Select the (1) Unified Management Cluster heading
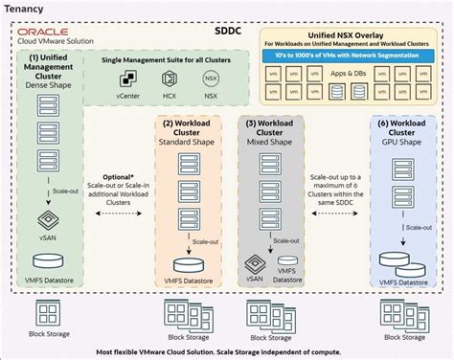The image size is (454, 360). click(45, 73)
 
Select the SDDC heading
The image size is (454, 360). click(228, 31)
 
